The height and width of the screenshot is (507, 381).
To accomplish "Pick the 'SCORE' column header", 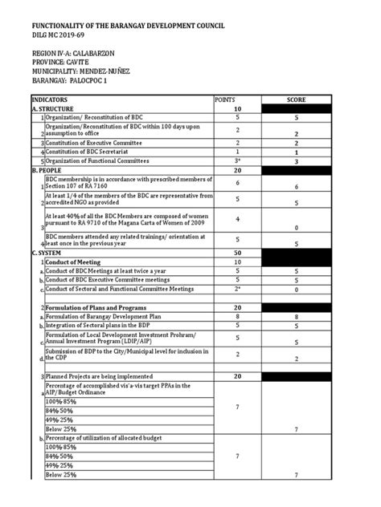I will click(297, 99).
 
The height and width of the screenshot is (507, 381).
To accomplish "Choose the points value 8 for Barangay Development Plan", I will click(237, 317).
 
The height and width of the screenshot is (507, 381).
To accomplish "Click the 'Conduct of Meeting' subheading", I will click(75, 262).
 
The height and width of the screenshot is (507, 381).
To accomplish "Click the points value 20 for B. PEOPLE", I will click(237, 171).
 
